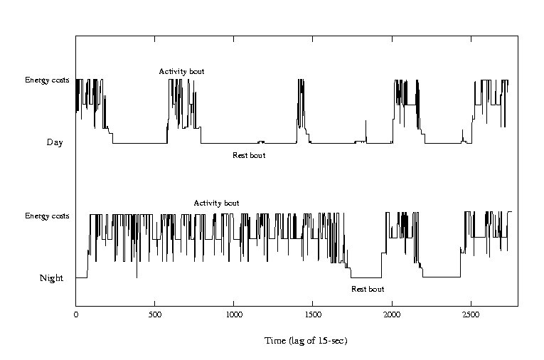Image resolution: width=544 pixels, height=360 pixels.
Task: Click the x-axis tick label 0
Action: pos(76,312)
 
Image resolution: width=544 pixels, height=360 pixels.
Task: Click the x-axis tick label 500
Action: pos(155,312)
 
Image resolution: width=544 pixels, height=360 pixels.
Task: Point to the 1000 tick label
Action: pos(234,312)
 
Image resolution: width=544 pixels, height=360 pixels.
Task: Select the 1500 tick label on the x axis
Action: pos(313,312)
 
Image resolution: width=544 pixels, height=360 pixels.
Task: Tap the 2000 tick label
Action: pos(392,312)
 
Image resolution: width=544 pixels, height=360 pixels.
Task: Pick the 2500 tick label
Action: pos(471,312)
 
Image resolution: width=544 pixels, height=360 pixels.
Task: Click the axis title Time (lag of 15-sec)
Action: pos(306,341)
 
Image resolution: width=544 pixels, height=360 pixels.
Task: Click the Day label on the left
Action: pos(55,142)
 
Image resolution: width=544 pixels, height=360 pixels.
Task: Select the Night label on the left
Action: pos(51,278)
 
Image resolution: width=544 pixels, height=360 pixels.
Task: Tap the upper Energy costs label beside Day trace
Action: pos(47,80)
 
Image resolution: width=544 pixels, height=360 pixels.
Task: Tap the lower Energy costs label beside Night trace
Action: pos(47,216)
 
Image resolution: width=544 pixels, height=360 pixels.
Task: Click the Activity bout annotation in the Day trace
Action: pos(181,71)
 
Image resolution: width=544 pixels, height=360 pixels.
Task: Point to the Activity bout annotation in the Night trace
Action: pos(216,203)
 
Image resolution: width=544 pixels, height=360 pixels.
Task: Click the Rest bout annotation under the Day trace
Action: pos(249,155)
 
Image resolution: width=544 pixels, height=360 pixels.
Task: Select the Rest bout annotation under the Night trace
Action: pos(368,289)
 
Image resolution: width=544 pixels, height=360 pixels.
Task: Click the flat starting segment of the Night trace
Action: pos(81,277)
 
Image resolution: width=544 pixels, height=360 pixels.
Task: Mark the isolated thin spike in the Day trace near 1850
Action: pos(366,129)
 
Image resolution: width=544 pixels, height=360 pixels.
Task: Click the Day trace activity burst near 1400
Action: pos(301,100)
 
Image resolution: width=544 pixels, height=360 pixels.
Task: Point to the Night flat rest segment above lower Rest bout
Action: pos(367,277)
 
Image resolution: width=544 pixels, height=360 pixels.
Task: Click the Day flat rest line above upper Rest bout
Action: pos(235,143)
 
